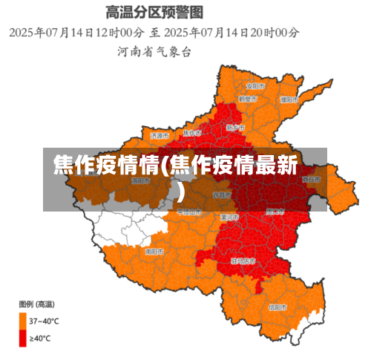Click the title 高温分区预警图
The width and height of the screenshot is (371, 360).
pos(155,13)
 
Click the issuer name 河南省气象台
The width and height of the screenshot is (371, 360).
pos(154,52)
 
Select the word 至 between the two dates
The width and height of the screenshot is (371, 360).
pos(155,33)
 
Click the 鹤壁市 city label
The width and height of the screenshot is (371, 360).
pos(247,99)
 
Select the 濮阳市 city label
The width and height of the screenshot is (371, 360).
pos(290,99)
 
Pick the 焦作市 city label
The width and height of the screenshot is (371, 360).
pos(191,133)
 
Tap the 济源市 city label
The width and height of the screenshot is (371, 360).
pos(160,136)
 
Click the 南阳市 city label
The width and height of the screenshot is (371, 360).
pos(154,252)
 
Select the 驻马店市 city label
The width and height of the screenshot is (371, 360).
pos(244,261)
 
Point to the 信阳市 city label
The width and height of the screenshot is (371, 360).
pos(276,307)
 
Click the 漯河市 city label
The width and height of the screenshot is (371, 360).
pos(229,217)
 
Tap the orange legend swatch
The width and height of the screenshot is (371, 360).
pos(23,321)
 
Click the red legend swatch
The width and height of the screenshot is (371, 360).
pos(23,338)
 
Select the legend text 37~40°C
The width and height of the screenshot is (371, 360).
pos(45,321)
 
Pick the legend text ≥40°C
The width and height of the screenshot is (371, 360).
pos(40,339)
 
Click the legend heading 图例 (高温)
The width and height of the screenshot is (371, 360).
pos(36,304)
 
